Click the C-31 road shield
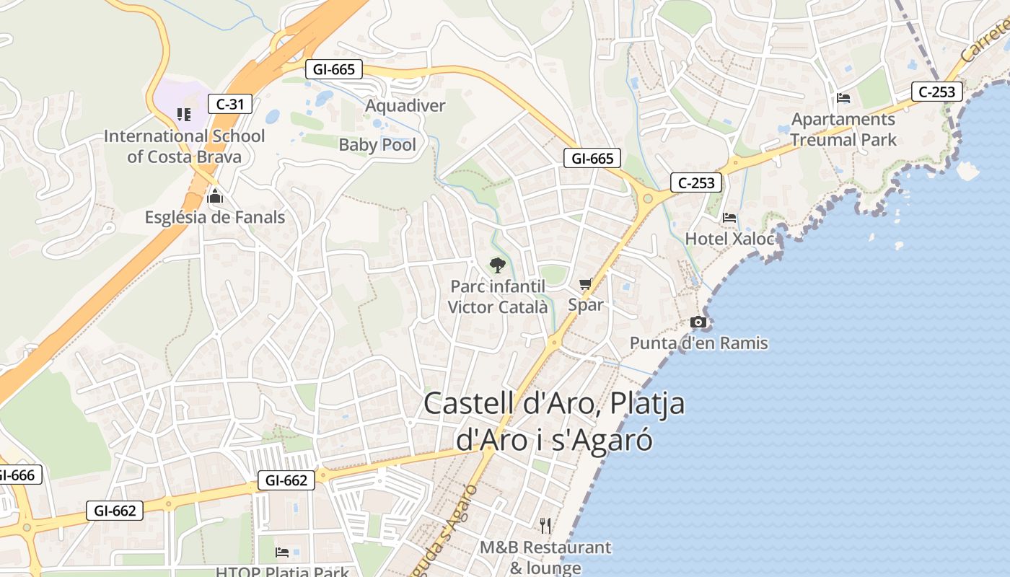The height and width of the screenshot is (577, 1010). (x=230, y=104)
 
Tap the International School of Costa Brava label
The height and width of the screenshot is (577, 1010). (x=185, y=146)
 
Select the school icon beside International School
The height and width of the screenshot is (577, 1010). (x=184, y=114)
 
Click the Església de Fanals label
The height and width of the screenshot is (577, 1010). (x=215, y=217)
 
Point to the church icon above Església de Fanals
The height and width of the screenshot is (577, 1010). (x=215, y=195)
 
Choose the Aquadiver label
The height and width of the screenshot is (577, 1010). (x=405, y=106)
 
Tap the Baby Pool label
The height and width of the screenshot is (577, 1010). (x=377, y=145)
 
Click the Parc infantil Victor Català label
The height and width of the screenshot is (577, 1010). (x=498, y=296)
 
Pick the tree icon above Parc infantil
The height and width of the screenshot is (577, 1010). (x=497, y=265)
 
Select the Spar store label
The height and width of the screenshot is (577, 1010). (x=585, y=304)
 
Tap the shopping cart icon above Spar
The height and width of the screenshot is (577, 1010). (x=585, y=284)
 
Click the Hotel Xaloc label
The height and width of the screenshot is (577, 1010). (x=729, y=239)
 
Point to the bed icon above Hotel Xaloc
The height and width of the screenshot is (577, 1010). (x=729, y=217)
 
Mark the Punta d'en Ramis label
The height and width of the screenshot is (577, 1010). (x=699, y=343)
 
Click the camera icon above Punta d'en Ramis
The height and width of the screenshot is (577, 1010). (x=698, y=322)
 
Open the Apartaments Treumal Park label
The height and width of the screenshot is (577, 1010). (x=843, y=129)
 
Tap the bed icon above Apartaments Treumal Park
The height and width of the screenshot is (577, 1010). (x=843, y=98)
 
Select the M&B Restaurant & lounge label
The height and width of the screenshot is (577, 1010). (x=545, y=558)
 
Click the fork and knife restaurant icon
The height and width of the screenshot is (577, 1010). (x=545, y=525)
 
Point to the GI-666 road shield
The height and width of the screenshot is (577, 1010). (x=16, y=475)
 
